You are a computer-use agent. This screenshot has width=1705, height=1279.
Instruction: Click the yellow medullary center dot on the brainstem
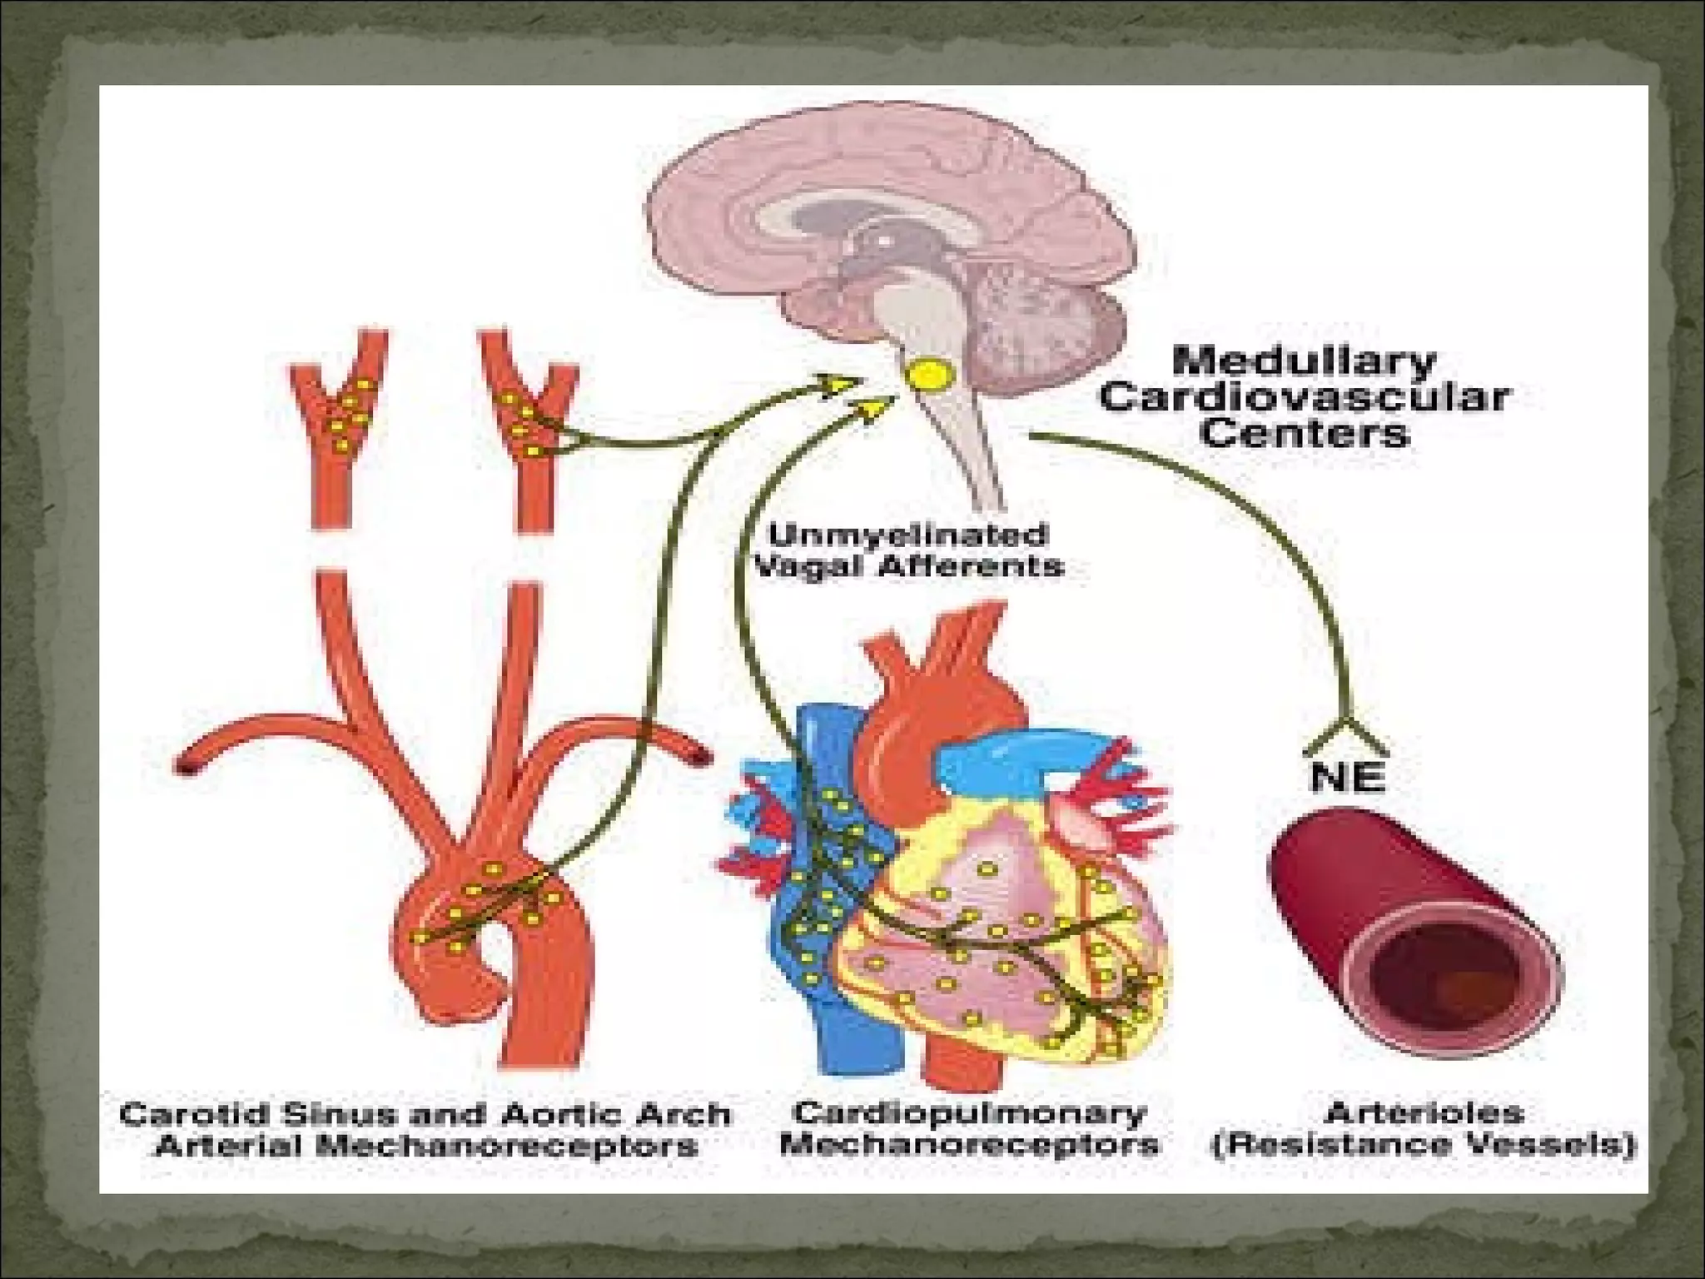point(929,375)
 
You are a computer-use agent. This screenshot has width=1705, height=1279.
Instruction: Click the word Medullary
point(1304,362)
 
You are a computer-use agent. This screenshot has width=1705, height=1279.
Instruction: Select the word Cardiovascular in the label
point(1304,398)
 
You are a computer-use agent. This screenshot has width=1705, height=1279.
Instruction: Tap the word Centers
point(1304,433)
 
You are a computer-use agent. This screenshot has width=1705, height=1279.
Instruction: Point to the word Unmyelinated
point(907,534)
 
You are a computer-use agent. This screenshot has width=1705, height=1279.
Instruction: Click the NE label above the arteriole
point(1347,777)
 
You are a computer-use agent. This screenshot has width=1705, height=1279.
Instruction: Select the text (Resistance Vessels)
point(1424,1144)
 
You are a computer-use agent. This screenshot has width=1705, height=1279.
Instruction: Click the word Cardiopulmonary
point(969,1112)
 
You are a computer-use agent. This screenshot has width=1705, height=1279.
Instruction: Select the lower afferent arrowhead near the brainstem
point(874,407)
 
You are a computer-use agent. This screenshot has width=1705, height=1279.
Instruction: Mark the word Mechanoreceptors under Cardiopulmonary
point(969,1145)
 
